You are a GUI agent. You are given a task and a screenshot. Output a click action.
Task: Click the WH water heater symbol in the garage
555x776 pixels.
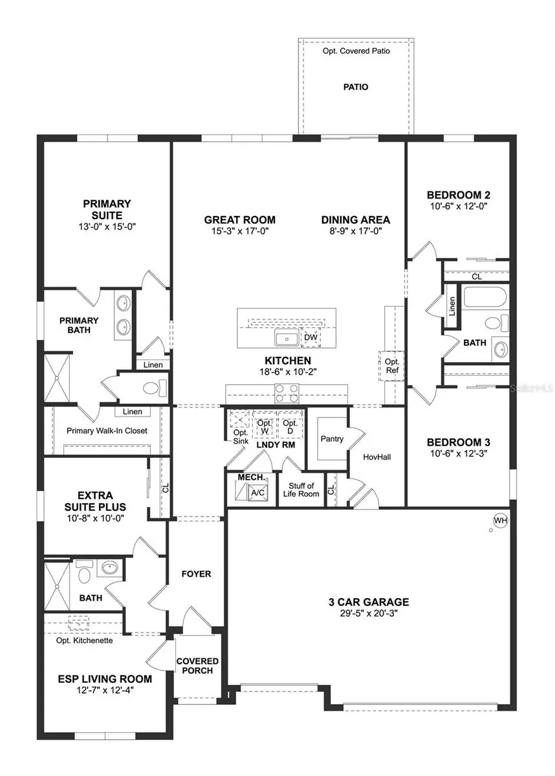[500, 520]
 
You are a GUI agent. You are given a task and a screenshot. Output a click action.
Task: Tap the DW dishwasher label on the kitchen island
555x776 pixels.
[310, 337]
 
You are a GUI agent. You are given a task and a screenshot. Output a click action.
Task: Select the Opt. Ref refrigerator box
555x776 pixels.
[392, 366]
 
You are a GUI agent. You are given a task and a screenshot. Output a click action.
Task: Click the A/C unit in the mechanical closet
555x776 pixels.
[257, 493]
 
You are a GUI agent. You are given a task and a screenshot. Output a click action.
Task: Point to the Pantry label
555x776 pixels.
[332, 438]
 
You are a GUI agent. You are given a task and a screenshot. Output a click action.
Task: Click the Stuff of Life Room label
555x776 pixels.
[301, 490]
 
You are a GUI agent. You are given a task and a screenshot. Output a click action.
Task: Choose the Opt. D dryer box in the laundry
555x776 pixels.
[290, 427]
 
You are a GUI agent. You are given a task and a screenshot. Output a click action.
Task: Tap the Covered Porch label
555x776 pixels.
[198, 666]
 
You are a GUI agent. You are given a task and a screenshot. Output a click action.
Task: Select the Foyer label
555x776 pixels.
[196, 574]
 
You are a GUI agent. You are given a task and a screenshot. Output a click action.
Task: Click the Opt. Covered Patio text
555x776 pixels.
[355, 50]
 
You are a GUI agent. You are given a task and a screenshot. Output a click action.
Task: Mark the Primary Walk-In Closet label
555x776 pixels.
[107, 431]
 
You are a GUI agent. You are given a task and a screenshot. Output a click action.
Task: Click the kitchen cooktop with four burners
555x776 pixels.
[286, 389]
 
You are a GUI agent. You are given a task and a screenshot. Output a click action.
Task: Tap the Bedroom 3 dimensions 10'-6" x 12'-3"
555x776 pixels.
[458, 455]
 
